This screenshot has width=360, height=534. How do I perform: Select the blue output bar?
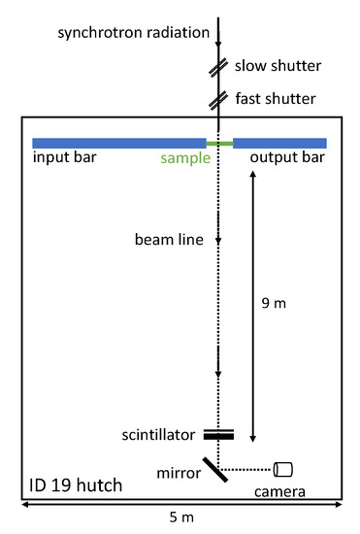click(279, 144)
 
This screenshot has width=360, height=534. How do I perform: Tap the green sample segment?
click(220, 144)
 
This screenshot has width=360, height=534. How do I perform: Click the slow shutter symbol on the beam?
click(220, 69)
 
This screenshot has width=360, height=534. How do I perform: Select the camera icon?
click(283, 469)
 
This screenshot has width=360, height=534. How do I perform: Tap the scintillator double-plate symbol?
click(220, 434)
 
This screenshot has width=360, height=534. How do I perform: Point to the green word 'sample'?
click(185, 158)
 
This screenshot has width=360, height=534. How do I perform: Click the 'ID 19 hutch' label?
click(76, 483)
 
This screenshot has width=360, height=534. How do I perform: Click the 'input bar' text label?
click(64, 158)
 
